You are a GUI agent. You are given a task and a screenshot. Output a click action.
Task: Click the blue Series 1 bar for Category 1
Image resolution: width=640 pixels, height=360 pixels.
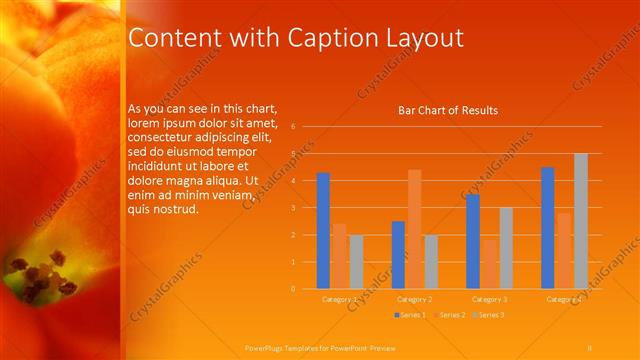pos(323,230)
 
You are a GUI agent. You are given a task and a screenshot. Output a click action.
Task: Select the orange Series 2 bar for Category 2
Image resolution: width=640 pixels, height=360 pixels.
pos(414,229)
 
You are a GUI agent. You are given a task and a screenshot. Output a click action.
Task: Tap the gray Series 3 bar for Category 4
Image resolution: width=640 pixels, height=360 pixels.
pos(581,221)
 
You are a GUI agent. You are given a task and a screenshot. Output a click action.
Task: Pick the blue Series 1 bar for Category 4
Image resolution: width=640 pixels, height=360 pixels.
pos(548,228)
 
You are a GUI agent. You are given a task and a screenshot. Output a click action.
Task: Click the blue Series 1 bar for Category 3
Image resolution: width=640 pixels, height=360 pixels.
pos(473,241)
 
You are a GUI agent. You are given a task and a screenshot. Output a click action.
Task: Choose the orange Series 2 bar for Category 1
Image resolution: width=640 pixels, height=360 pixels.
pos(339,256)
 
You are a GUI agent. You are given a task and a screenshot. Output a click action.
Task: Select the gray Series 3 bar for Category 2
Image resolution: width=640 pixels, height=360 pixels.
pos(431,262)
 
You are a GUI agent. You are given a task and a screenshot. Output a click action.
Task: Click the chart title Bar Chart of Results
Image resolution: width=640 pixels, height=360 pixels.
pos(441,110)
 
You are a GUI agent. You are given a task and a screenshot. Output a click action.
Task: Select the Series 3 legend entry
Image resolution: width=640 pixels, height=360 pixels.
pos(489,315)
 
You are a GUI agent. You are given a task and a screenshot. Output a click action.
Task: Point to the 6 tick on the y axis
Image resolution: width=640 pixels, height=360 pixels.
pos(293,127)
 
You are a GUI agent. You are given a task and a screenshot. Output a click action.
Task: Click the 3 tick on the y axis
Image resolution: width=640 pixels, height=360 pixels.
pos(293,208)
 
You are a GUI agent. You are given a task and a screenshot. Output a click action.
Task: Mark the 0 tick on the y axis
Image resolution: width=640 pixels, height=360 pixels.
pos(293,289)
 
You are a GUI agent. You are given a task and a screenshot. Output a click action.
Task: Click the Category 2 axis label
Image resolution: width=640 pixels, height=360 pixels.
pos(414,299)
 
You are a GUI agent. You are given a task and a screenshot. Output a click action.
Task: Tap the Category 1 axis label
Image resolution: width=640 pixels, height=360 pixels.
pos(339,299)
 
